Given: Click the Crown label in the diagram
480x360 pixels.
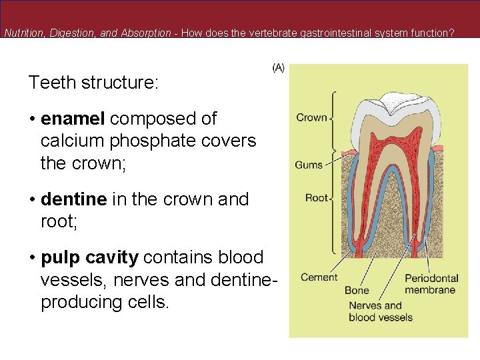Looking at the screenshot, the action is click(311, 118).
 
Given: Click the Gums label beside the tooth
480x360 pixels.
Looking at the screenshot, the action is click(309, 165).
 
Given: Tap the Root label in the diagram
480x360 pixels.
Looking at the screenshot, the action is click(317, 198).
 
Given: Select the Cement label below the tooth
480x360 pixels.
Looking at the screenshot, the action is click(319, 277).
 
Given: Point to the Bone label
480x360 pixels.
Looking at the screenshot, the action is click(357, 291).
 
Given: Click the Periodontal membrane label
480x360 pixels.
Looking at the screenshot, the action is click(431, 283).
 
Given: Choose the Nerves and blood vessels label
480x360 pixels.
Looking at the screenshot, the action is click(380, 311).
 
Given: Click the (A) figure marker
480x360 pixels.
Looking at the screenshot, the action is click(279, 68).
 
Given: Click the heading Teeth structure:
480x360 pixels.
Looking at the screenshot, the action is click(93, 83).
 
